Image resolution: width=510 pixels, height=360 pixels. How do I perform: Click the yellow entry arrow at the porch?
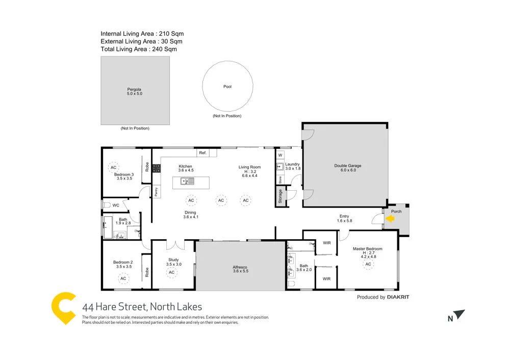(x=390, y=219)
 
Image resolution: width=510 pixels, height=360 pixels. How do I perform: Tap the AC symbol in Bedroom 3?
(x=114, y=167)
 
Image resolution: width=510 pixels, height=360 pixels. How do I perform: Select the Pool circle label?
(x=227, y=87)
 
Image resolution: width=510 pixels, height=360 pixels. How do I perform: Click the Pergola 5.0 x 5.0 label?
(x=134, y=92)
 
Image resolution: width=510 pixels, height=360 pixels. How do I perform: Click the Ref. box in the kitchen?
(x=202, y=153)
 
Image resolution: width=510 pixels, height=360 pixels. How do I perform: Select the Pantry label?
(x=156, y=192)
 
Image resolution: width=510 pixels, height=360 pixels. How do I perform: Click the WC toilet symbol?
(x=107, y=205)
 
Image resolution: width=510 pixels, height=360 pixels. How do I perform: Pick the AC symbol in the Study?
(x=172, y=272)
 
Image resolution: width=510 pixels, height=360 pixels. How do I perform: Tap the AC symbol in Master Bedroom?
(x=368, y=264)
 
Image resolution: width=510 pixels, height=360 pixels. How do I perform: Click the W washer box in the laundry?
(x=280, y=155)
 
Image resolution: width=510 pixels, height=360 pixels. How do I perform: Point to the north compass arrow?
(x=460, y=315)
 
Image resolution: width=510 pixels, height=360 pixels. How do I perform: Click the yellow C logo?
(x=64, y=308)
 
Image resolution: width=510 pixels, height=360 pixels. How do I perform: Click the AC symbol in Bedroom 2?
(x=123, y=278)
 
